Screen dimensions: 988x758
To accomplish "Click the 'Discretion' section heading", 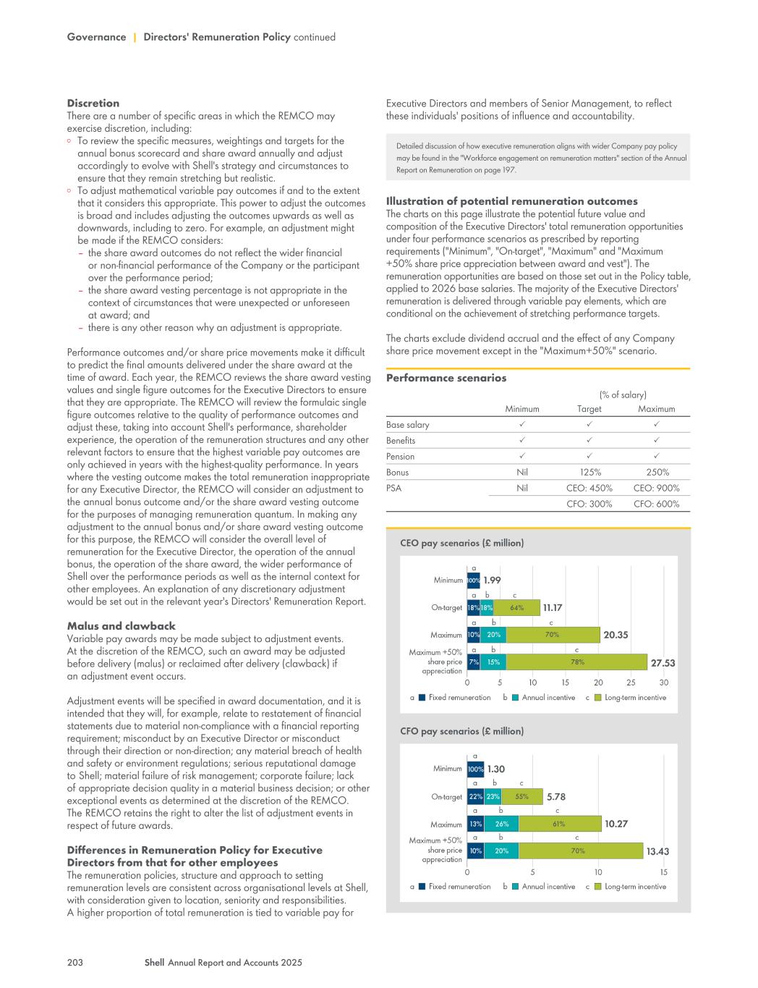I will pos(93,104).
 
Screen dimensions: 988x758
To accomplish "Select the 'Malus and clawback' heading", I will pos(122,626).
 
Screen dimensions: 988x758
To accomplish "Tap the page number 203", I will pos(75,963).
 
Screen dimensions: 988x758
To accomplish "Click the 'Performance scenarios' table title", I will pos(446,378).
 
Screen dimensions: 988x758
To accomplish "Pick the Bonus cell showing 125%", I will pos(589,472).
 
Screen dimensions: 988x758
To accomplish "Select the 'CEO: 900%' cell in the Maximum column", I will pos(656,488).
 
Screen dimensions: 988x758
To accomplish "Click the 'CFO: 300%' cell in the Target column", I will pos(589,504).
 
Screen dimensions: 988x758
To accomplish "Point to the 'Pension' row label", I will pos(401,456).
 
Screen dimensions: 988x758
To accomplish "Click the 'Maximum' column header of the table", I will pos(656,409).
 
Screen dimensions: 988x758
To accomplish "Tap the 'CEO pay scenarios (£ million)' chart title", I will pos(461,543).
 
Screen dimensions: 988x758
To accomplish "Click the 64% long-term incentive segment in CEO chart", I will pos(516,608).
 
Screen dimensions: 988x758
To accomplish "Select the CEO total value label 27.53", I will pos(663,663).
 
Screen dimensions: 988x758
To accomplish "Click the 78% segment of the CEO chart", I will pos(577,662).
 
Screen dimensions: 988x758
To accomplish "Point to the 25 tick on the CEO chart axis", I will pos(631,683).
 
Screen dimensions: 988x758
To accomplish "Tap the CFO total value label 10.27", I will pos(616,824).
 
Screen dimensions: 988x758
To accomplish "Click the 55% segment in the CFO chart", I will pos(521,796).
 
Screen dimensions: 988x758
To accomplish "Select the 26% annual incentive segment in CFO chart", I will pos(501,824).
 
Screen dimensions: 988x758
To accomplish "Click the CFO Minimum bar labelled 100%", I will pos(475,769).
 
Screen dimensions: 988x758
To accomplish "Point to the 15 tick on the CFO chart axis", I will pos(663,872).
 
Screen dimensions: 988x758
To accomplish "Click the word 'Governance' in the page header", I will pos(96,37).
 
